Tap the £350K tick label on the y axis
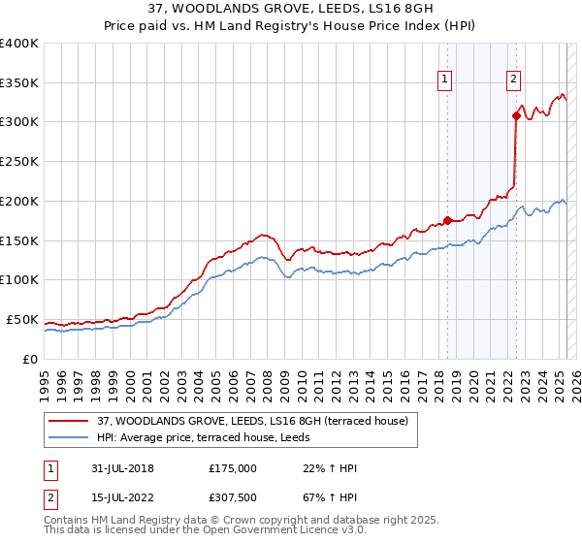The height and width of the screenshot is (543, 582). pos(19,82)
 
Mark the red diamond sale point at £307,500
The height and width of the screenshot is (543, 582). pos(516,116)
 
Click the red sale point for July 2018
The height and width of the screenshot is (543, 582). pos(447,219)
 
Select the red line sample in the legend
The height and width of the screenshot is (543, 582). pos(70,420)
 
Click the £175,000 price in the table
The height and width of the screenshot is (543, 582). pos(232,468)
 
